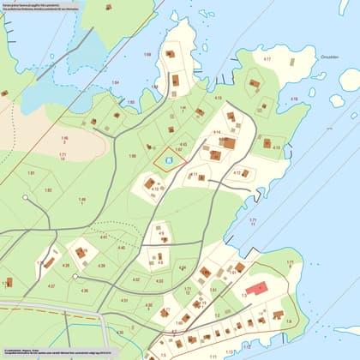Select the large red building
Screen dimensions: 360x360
pos(257,289)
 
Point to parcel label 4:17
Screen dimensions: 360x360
pos(267,59)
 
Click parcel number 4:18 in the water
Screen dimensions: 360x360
pos(294,99)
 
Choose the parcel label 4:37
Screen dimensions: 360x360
pos(51,285)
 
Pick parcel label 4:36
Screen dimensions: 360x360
pos(84,291)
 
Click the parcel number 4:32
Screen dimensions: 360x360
pos(136,279)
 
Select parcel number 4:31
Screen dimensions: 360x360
pos(124,300)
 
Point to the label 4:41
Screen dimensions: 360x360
pos(104,237)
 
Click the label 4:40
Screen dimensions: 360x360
pos(121,248)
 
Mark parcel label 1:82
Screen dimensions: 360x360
pos(48,189)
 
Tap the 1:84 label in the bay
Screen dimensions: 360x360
pos(116,83)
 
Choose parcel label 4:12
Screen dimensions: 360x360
pos(237,172)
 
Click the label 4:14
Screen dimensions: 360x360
pos(216,132)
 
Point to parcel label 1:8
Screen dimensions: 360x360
pos(288,321)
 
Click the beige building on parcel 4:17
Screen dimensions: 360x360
pos(255,84)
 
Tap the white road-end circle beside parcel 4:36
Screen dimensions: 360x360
pos(75,276)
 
